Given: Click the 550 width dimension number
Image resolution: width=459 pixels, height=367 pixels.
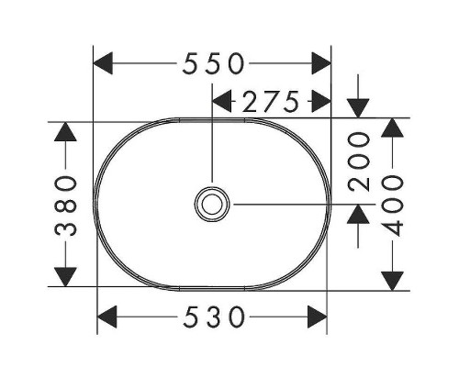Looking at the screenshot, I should (213, 63).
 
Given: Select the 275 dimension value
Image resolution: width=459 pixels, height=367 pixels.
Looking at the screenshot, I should (271, 103).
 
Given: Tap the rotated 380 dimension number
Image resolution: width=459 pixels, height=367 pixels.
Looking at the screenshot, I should (65, 204).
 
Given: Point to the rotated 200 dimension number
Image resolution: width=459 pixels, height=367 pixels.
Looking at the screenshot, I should (359, 161).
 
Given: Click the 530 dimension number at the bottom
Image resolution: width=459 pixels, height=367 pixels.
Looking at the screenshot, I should (213, 318).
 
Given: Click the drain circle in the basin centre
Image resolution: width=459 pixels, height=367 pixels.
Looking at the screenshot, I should (213, 203).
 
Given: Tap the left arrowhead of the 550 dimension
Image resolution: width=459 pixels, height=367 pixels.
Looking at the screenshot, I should (106, 63).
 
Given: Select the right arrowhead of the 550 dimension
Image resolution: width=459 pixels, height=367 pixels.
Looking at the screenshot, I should (320, 63).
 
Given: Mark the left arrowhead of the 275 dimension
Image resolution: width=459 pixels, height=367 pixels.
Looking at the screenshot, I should (222, 103).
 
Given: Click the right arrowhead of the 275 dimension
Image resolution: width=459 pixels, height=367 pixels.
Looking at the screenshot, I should (320, 103).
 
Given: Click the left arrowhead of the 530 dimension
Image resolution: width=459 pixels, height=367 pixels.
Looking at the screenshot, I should (108, 318).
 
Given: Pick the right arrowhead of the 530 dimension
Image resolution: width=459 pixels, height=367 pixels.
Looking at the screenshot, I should (318, 318).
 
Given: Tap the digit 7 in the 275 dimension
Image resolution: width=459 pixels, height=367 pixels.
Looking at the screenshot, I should (271, 103).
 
